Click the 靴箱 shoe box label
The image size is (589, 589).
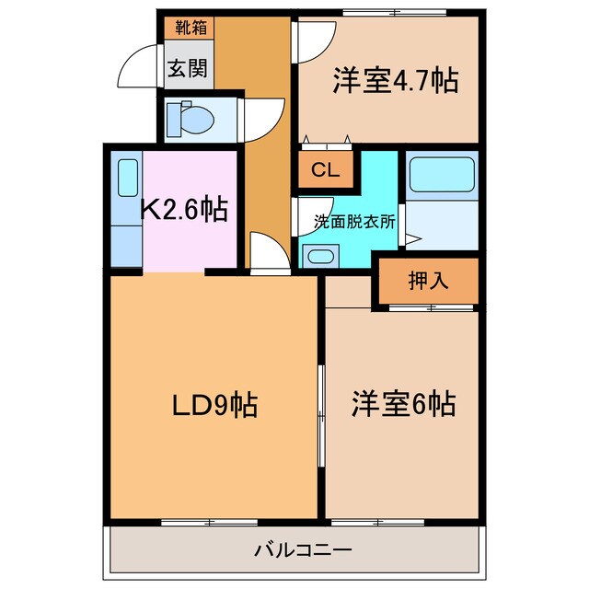coord(190,27)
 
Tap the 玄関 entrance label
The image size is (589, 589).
coord(189,67)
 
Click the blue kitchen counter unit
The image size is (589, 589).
coord(126,210)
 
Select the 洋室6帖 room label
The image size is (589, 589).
coord(401,404)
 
